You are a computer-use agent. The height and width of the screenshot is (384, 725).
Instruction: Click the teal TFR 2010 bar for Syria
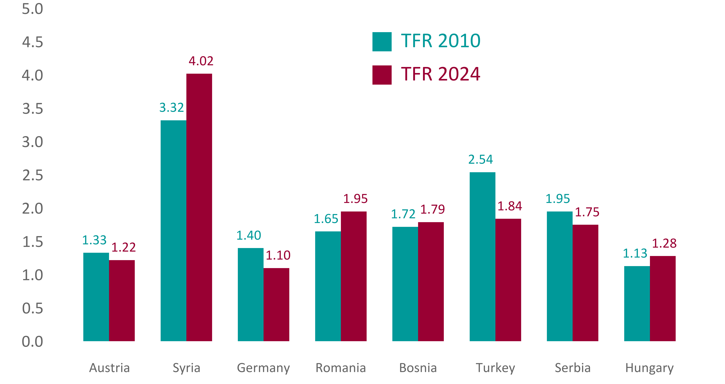tap(173, 231)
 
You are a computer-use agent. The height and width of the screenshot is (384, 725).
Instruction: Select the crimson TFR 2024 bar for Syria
tap(199, 208)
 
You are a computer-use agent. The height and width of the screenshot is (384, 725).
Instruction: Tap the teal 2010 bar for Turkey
tap(482, 257)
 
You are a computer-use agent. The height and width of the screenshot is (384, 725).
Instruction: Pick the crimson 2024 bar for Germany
tap(276, 305)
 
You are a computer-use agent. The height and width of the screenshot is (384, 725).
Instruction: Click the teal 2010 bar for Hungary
tap(637, 304)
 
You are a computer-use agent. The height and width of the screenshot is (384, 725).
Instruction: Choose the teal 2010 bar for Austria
tap(96, 297)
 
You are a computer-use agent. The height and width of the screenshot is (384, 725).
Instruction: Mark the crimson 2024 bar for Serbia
tap(585, 283)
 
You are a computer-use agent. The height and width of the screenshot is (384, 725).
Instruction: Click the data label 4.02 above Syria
tap(201, 61)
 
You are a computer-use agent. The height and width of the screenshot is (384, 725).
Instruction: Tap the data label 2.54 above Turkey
tap(480, 160)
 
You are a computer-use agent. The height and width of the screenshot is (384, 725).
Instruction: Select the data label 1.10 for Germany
tap(278, 255)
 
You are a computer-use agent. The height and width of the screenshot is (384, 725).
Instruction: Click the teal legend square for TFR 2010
tap(382, 42)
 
